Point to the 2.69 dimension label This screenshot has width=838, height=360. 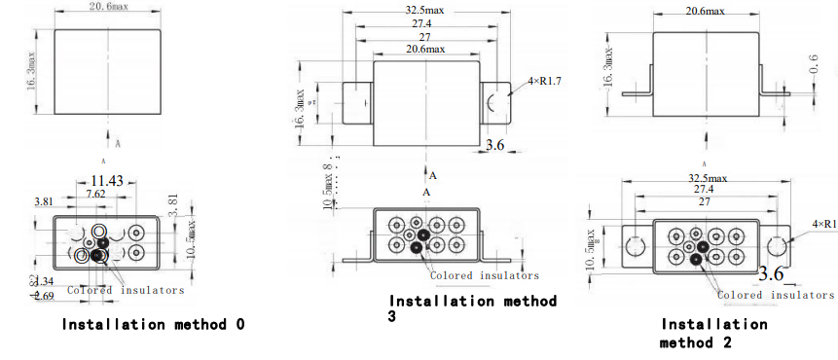tap(44, 295)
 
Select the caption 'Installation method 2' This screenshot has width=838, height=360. tap(713, 333)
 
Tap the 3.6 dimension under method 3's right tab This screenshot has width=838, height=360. tap(495, 145)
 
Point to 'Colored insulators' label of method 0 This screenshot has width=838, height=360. tap(125, 290)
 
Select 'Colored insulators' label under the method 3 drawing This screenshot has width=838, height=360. tap(484, 275)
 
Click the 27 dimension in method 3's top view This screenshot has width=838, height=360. tap(424, 38)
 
